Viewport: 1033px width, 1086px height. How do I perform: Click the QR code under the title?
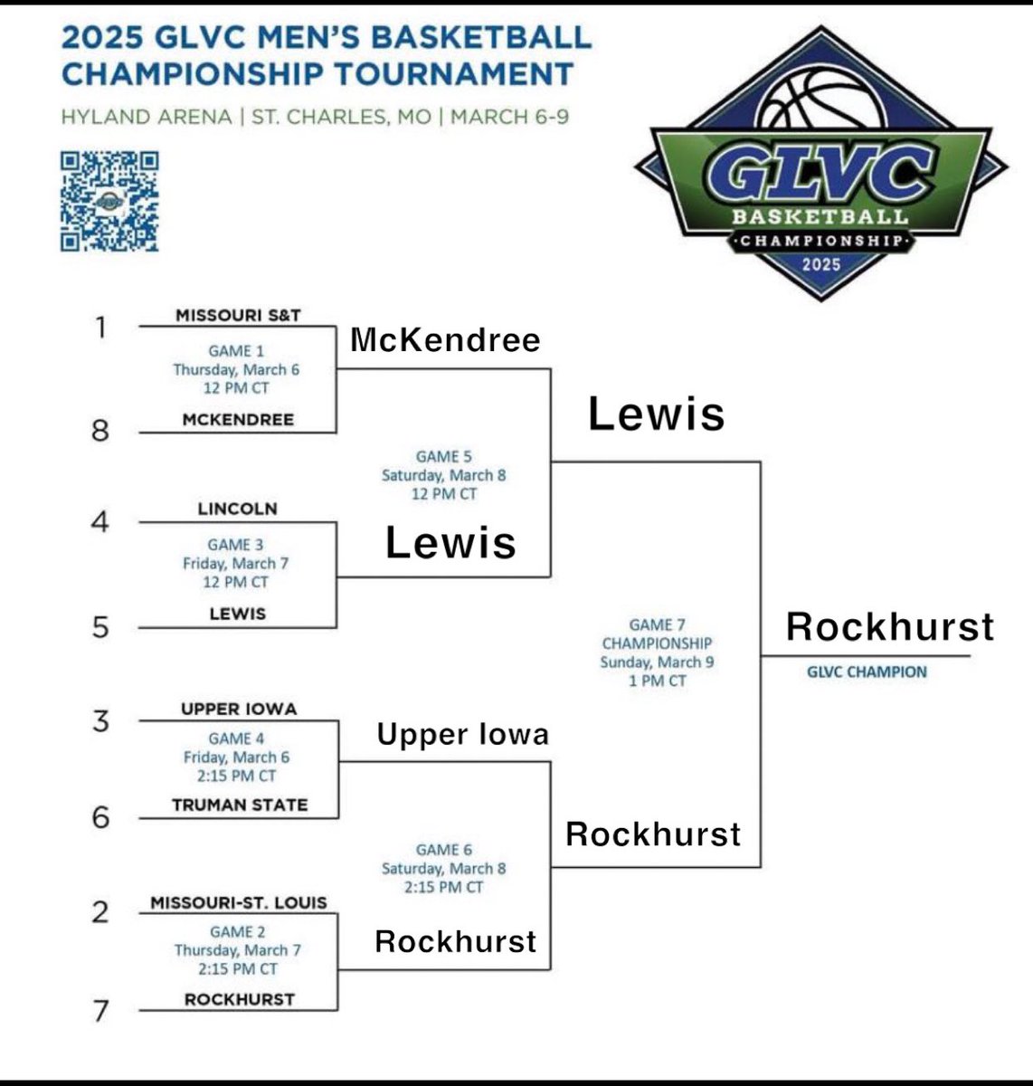[x=109, y=201]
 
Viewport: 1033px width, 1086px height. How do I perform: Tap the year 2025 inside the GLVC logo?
[x=820, y=264]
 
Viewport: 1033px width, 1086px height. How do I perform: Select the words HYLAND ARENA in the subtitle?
[x=146, y=117]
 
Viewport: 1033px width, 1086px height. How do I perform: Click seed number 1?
[x=101, y=327]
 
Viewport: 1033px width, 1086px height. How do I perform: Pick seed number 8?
[x=100, y=430]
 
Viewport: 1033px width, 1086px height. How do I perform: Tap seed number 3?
[x=100, y=721]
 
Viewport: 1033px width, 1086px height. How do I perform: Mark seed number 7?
[x=101, y=1010]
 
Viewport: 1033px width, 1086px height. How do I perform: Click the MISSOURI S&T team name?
[x=238, y=315]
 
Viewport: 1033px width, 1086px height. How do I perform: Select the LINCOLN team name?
[x=237, y=509]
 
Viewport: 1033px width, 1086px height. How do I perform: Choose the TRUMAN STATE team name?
[x=240, y=805]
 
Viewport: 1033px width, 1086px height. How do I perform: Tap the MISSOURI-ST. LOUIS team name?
[x=239, y=902]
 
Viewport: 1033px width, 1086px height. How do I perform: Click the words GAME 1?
[x=230, y=351]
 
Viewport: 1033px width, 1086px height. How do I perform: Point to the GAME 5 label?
[x=443, y=457]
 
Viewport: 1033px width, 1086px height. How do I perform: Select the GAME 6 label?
[x=443, y=850]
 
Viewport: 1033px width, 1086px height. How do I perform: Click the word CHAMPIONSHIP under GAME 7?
[x=657, y=643]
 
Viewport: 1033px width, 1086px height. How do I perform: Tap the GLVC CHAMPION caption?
[x=867, y=672]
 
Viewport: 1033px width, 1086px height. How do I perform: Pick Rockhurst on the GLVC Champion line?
[x=889, y=626]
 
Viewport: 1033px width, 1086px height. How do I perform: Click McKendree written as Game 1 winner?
[x=445, y=340]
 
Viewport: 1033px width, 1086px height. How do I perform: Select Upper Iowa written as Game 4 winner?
[x=463, y=734]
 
